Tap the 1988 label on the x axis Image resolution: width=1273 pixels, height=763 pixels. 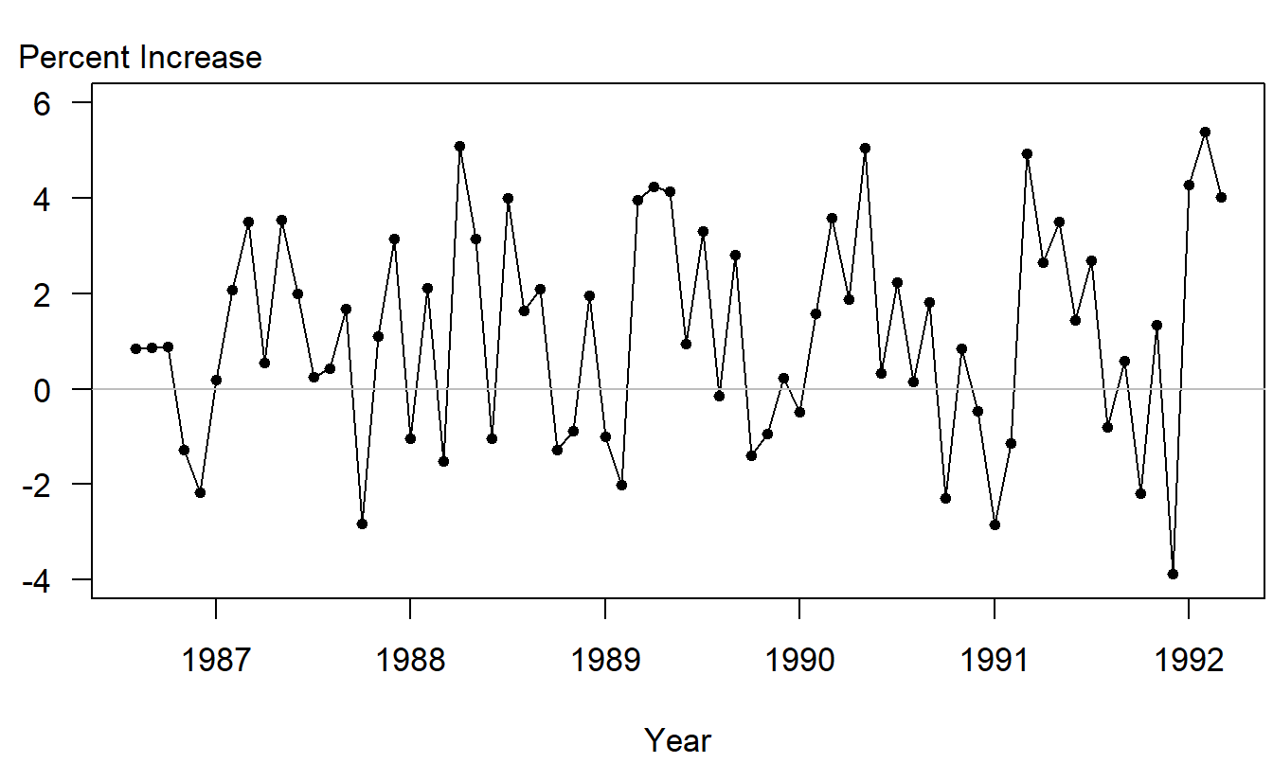click(x=410, y=660)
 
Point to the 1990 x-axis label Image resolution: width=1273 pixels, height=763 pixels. click(x=799, y=660)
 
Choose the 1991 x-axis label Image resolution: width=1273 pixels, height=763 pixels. click(x=995, y=660)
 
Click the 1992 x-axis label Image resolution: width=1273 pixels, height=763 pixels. click(x=1189, y=660)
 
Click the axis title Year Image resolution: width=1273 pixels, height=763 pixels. click(x=677, y=739)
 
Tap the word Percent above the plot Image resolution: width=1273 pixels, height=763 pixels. click(x=75, y=58)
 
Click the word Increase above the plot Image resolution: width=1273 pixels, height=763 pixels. click(x=201, y=58)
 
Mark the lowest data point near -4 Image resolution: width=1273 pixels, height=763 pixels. click(x=1173, y=574)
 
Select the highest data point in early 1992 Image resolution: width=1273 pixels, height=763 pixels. click(x=1205, y=132)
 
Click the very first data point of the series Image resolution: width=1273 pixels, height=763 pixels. click(x=135, y=348)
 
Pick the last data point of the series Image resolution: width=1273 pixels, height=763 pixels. click(x=1221, y=197)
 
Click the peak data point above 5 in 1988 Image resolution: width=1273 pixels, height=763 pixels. click(x=459, y=146)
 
